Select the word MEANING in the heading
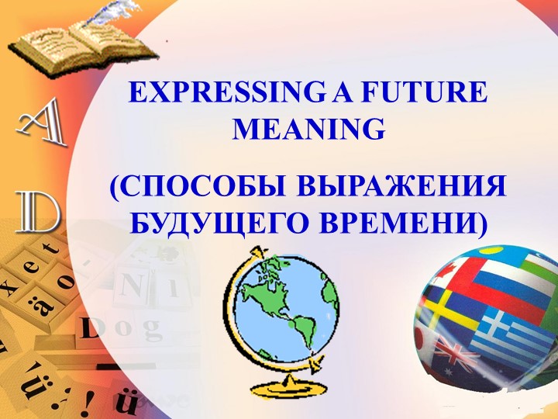pyautogui.click(x=308, y=130)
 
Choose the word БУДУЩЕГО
pyautogui.click(x=216, y=223)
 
